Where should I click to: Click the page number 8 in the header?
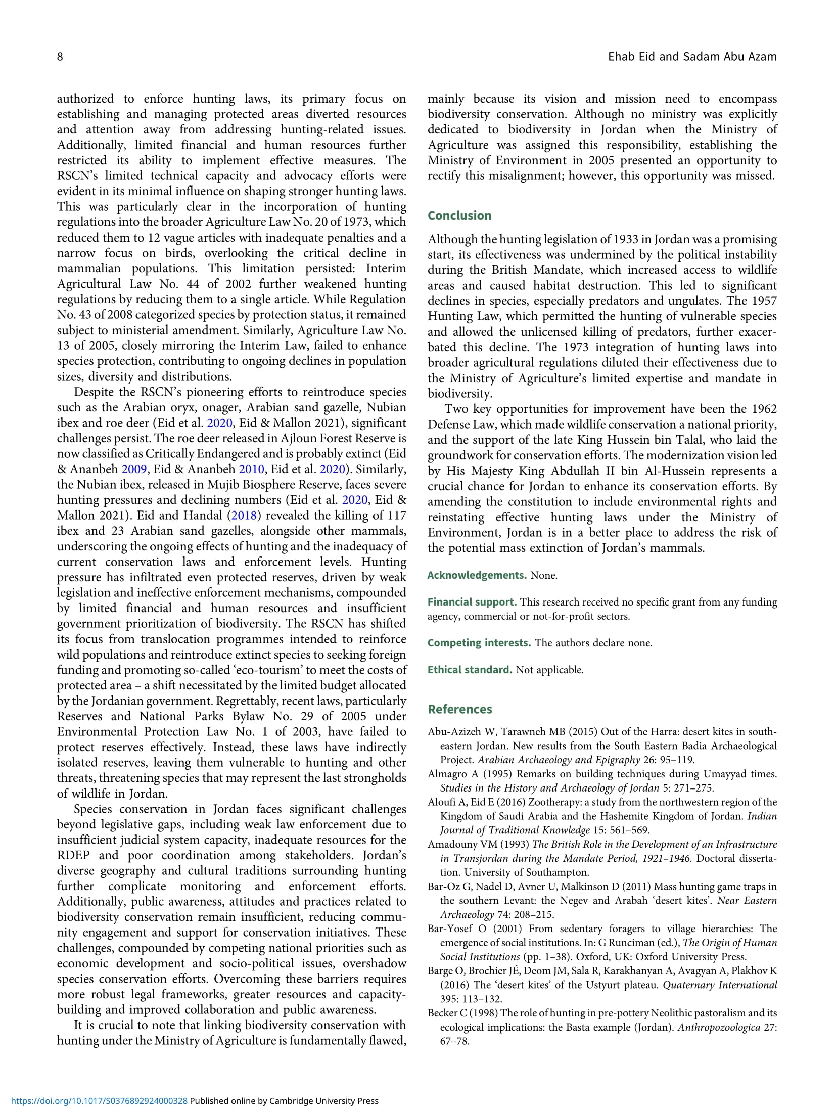60,57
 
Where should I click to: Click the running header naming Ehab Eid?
692,57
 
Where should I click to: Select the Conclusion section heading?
459,216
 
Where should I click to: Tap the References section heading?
459,709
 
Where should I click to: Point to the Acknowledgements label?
477,575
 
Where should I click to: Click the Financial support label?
472,602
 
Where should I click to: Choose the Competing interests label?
479,643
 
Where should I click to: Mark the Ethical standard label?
470,670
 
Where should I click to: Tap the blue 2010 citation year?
251,469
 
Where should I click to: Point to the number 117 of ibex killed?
396,516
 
